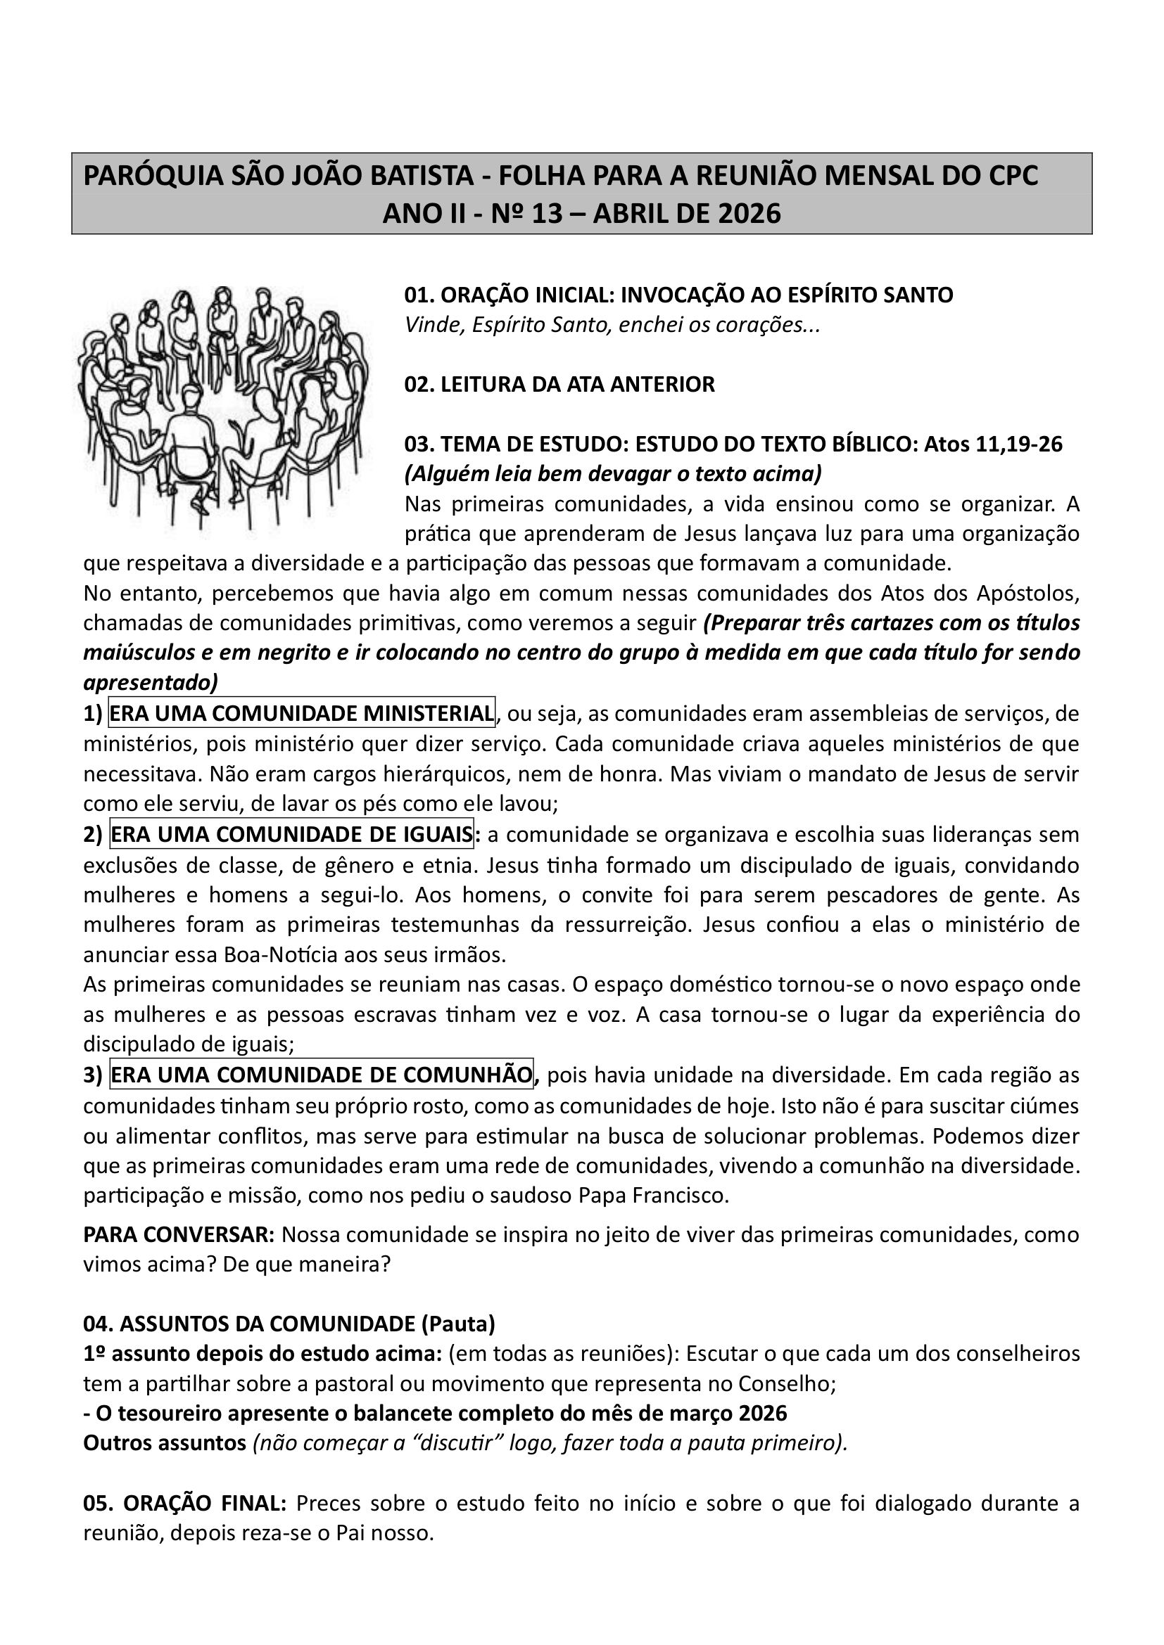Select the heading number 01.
[419, 295]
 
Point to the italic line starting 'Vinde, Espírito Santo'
[612, 326]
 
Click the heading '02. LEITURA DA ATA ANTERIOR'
[559, 385]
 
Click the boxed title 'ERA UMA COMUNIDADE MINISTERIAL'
[302, 714]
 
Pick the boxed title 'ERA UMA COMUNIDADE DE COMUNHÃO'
[322, 1075]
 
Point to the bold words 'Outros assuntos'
[165, 1443]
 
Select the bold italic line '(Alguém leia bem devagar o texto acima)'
[614, 474]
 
